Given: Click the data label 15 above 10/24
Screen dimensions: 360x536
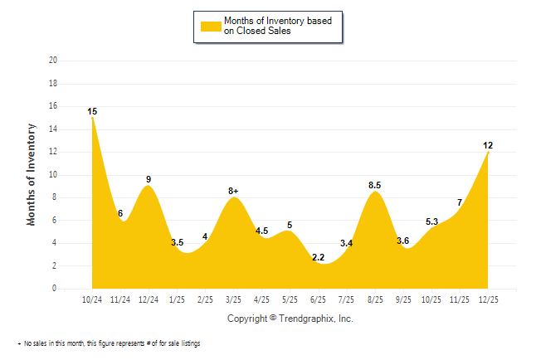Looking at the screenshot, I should click(92, 111).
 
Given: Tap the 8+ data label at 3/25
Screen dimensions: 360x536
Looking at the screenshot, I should click(233, 191).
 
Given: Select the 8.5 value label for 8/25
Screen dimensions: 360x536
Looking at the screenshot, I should click(375, 185).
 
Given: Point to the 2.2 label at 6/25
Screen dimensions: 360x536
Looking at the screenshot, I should click(318, 257).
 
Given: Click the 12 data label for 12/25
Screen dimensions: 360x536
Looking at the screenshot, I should click(488, 145).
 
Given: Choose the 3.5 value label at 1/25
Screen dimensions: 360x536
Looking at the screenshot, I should click(177, 242).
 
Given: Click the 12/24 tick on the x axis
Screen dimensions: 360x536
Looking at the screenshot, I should click(149, 299).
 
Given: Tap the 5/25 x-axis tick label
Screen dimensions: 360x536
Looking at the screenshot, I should click(290, 299).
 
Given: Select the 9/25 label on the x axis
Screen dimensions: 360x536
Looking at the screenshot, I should click(403, 299).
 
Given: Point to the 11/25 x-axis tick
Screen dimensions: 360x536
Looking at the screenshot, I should click(460, 299).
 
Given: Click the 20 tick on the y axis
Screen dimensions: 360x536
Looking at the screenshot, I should click(53, 61).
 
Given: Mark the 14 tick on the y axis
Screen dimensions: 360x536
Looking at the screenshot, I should click(53, 129).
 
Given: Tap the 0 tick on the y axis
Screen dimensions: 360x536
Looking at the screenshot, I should click(55, 289).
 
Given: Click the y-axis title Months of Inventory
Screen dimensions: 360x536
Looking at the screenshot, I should click(32, 174).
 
